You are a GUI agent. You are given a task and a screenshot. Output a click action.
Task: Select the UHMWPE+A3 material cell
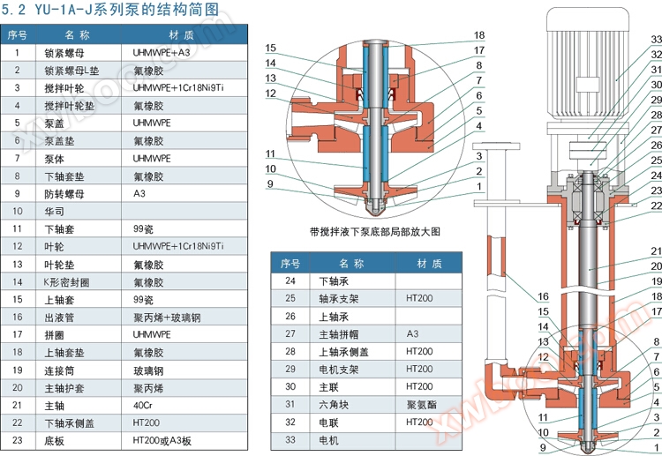point(162,52)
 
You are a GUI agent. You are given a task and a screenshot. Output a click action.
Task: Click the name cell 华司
point(56,211)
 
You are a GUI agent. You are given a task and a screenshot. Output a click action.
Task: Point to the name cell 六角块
point(334,404)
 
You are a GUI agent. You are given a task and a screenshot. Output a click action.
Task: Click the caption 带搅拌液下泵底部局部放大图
point(374,231)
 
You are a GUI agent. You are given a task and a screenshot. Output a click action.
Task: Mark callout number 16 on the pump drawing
point(543,296)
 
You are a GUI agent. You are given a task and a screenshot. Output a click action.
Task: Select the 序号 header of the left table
point(17,34)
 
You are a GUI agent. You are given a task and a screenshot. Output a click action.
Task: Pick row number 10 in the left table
point(17,211)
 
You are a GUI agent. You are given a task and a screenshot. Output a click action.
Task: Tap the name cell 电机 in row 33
point(327,439)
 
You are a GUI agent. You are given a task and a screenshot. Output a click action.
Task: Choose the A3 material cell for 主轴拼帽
point(412,333)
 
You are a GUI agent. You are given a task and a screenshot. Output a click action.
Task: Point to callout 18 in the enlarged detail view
point(479,34)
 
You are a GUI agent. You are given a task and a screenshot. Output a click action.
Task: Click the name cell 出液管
point(61,316)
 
